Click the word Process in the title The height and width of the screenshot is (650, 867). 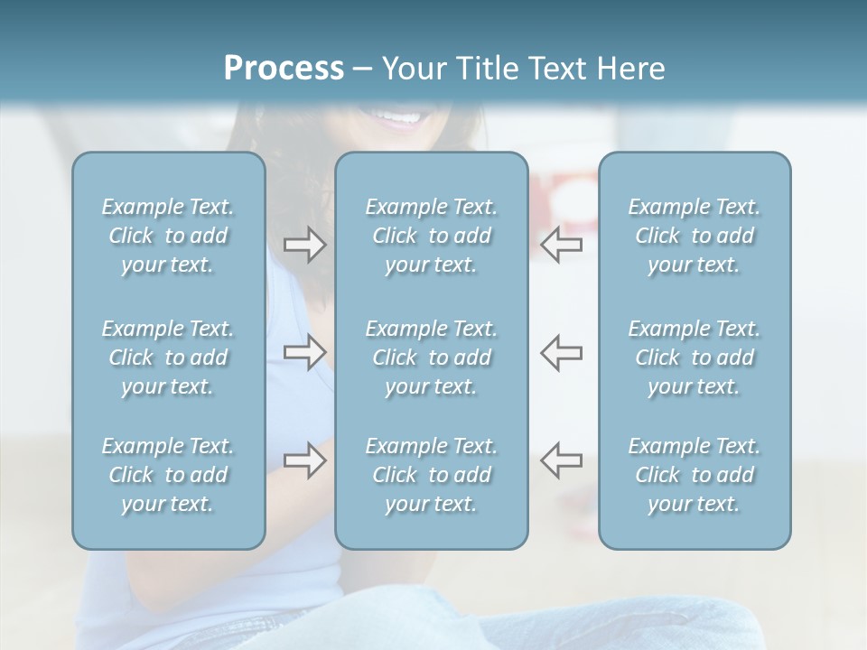(284, 68)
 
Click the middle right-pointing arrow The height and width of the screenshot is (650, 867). (304, 352)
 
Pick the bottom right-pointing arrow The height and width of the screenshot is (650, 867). (304, 460)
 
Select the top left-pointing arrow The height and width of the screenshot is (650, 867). (562, 244)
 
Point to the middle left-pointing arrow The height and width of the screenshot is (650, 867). (562, 352)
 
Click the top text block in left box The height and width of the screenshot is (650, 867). (168, 236)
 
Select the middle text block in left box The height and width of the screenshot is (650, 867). (168, 357)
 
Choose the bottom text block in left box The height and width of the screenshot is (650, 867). (168, 475)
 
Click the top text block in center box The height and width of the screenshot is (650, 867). (432, 236)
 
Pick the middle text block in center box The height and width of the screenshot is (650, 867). (432, 357)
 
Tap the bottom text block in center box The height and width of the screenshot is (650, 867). (432, 475)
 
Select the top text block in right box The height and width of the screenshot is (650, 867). (695, 236)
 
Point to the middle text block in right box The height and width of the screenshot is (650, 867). (695, 357)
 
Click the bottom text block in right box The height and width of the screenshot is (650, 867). (695, 475)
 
